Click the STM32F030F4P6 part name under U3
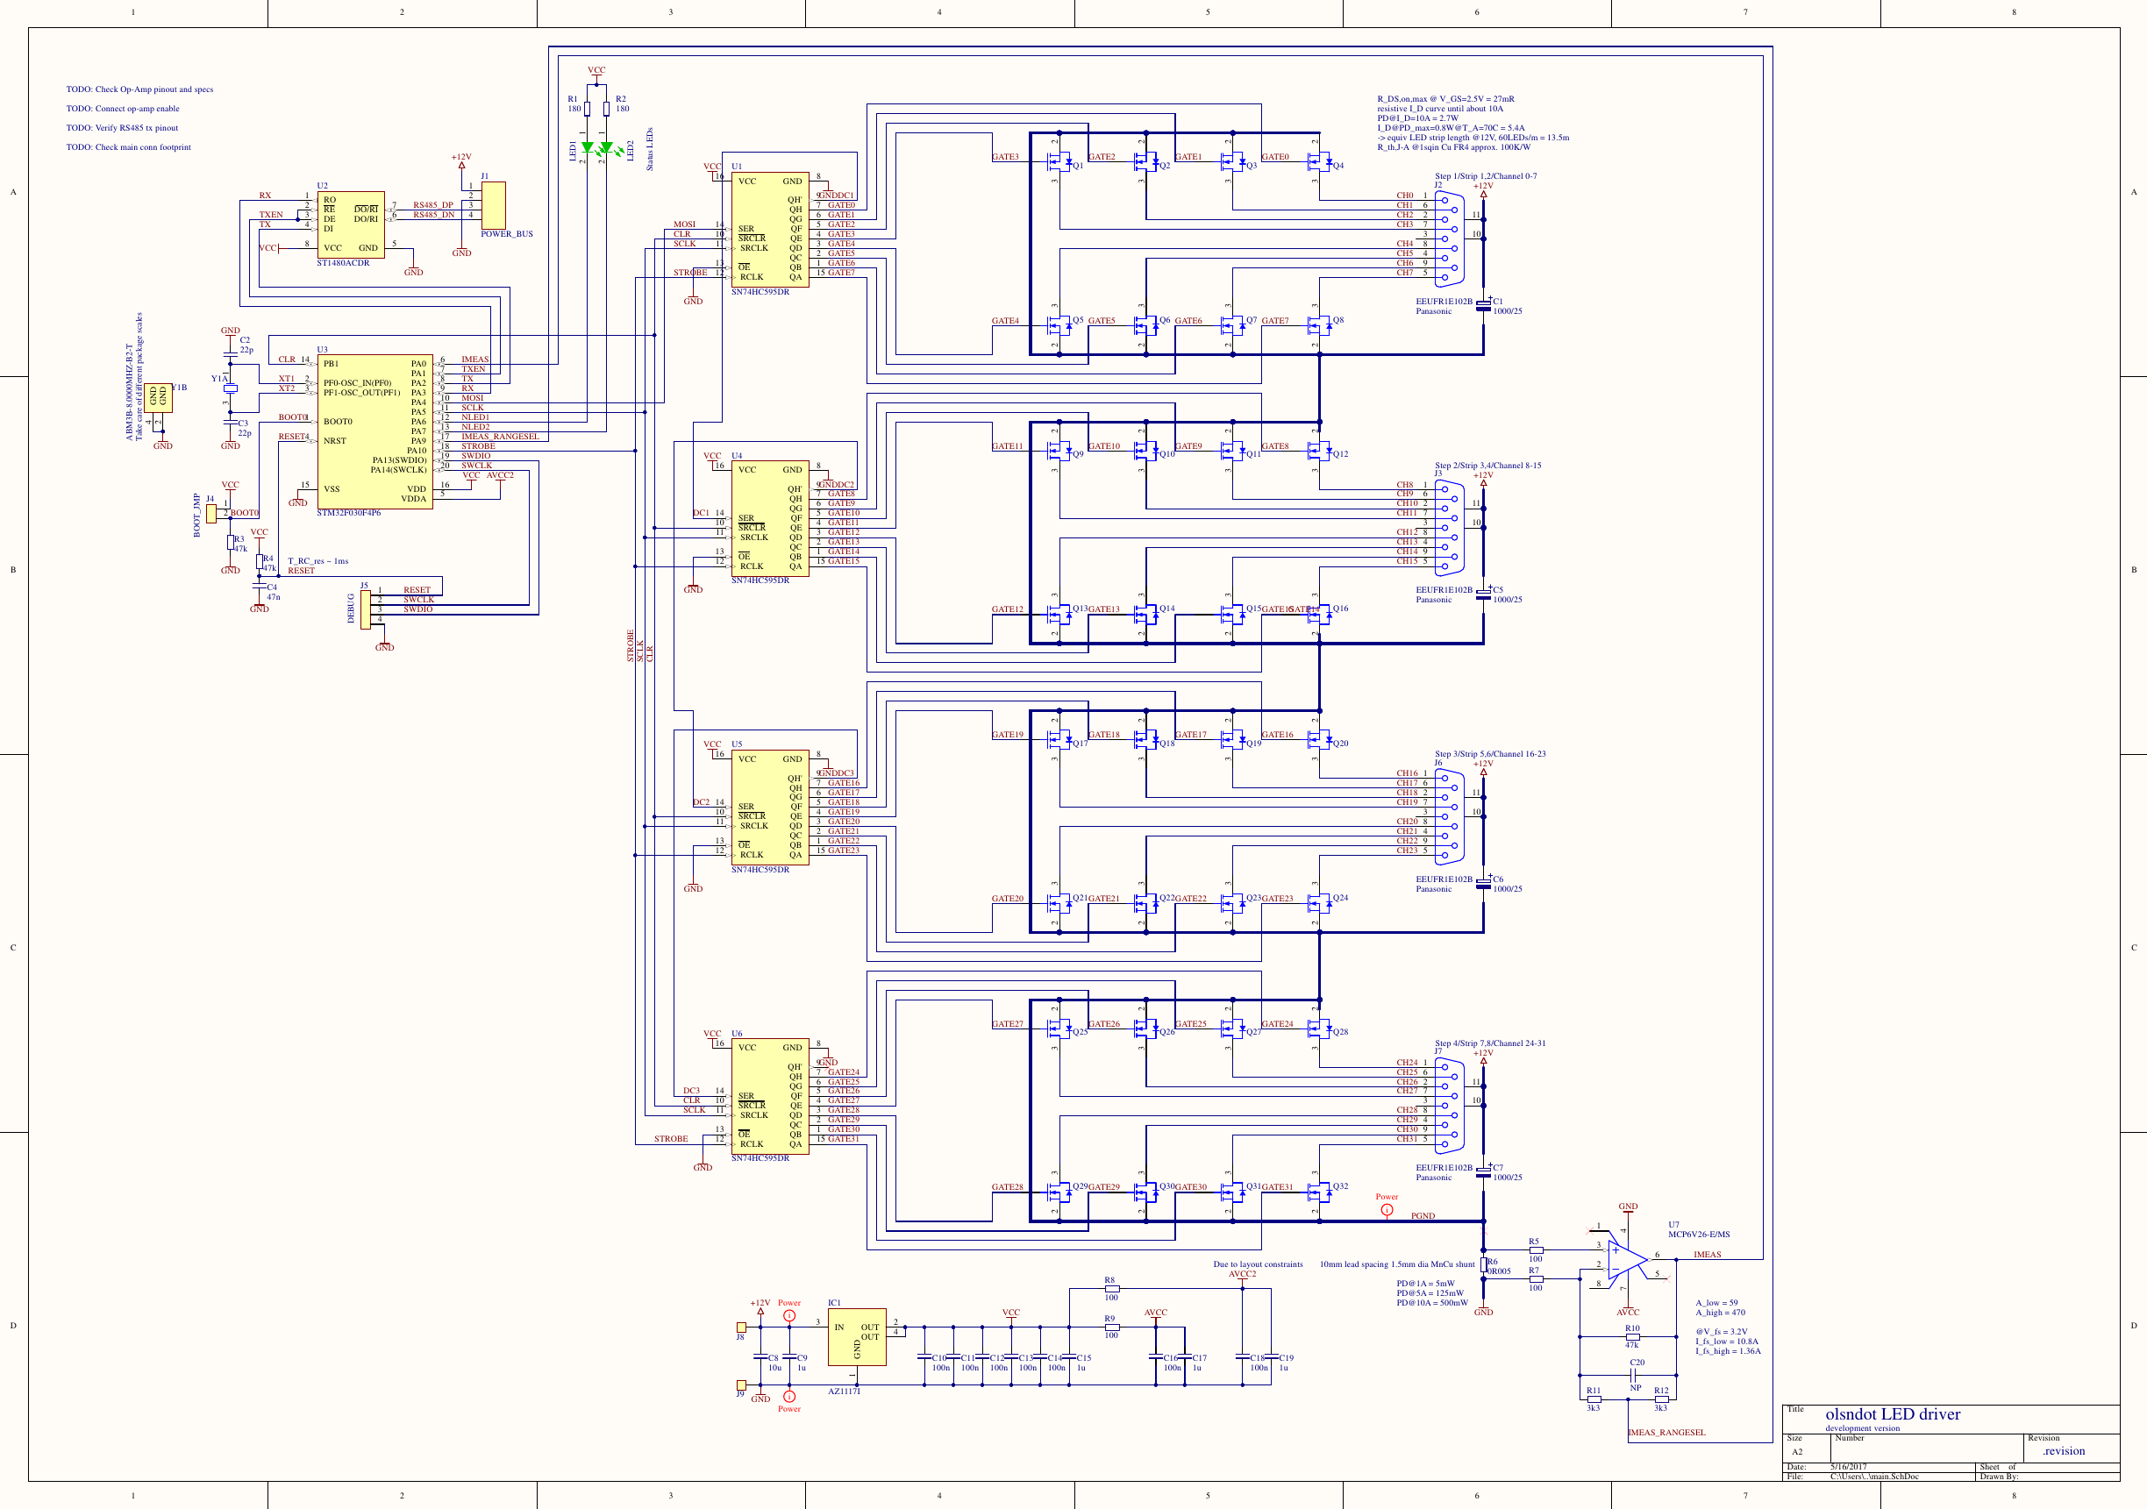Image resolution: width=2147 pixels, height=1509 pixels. pyautogui.click(x=348, y=513)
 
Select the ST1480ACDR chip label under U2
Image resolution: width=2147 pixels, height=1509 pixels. pyautogui.click(x=342, y=264)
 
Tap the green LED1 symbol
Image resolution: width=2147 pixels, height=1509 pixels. pyautogui.click(x=588, y=147)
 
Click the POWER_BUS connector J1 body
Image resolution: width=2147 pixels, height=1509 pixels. pyautogui.click(x=493, y=205)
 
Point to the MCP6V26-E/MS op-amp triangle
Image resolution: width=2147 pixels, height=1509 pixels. pyautogui.click(x=1626, y=1262)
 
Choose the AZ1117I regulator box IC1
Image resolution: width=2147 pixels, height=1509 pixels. pyautogui.click(x=857, y=1337)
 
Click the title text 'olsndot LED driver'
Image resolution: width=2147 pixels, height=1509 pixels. pyautogui.click(x=1893, y=1414)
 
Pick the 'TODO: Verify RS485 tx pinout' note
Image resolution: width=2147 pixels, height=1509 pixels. pyautogui.click(x=122, y=128)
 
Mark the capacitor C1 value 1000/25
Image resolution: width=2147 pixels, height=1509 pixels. pyautogui.click(x=1508, y=311)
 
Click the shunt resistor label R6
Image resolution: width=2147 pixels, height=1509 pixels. pyautogui.click(x=1493, y=1262)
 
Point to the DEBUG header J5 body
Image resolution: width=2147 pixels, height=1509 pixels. pyautogui.click(x=366, y=609)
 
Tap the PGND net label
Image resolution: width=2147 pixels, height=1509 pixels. pyautogui.click(x=1423, y=1216)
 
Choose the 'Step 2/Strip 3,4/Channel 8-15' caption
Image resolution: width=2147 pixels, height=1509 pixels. pyautogui.click(x=1487, y=466)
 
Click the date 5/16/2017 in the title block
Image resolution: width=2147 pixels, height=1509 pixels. pyautogui.click(x=1849, y=1467)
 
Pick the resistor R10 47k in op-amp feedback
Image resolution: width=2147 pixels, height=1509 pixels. pyautogui.click(x=1632, y=1337)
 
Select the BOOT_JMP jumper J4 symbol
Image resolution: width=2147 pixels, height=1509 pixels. pyautogui.click(x=211, y=513)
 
